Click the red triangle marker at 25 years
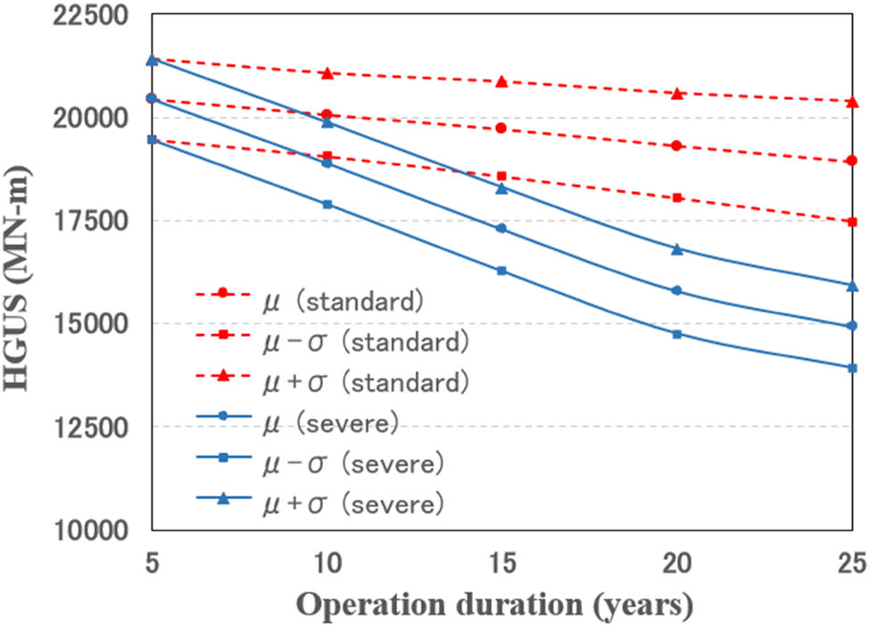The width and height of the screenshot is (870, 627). tap(852, 102)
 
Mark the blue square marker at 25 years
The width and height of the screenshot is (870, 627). tap(852, 368)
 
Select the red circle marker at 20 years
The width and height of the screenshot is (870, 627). tap(677, 146)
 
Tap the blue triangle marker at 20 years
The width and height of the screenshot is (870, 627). tap(677, 249)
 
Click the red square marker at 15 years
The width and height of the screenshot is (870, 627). tap(502, 176)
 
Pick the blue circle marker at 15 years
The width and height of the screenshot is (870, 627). tap(502, 229)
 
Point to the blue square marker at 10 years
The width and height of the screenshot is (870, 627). tap(327, 205)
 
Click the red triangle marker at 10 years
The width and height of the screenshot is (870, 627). tap(327, 72)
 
